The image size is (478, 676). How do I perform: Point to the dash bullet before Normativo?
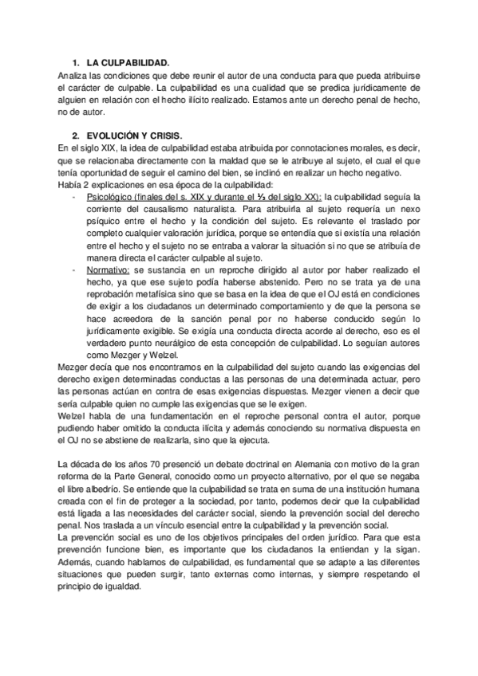tap(74, 272)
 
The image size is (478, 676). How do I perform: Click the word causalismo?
tap(148, 209)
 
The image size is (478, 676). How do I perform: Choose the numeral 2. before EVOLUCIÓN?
tap(74, 136)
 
